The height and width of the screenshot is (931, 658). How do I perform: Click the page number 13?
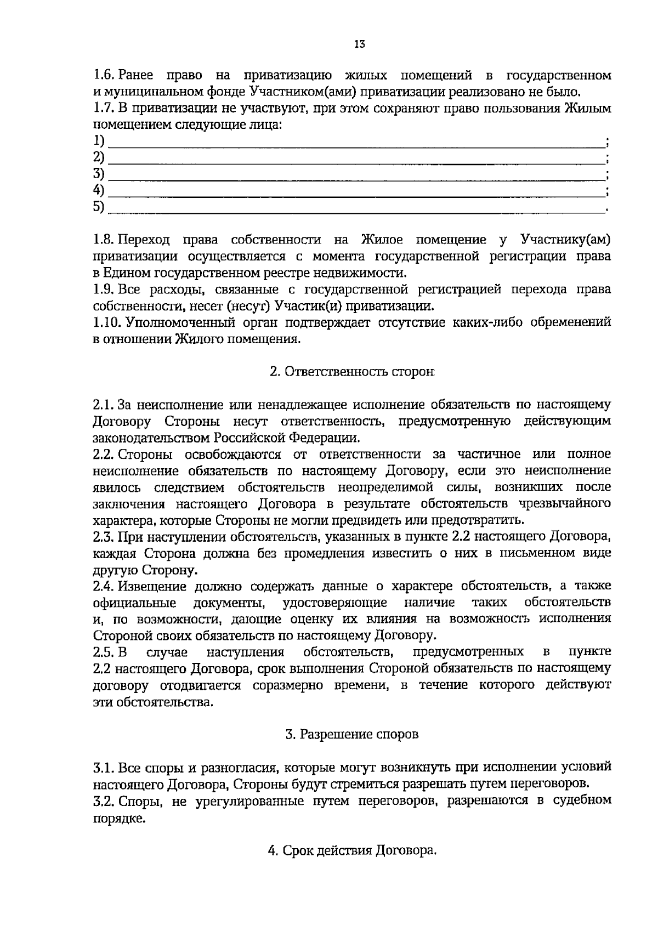coord(359,44)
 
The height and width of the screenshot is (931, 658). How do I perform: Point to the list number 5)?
coord(99,207)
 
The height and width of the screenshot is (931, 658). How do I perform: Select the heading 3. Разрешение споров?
coord(351,734)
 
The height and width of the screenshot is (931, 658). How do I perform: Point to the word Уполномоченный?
coord(171,322)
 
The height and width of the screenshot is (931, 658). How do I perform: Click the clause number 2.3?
coord(103,537)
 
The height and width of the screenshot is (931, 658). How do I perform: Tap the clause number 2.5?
coord(103,652)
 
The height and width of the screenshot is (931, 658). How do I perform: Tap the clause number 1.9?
coord(103,289)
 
